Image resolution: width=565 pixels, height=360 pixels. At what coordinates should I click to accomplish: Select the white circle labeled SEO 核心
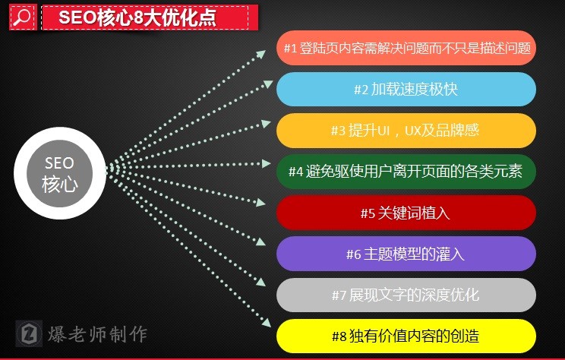(x=59, y=173)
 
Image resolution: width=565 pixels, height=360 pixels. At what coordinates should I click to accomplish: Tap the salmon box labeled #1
(x=406, y=48)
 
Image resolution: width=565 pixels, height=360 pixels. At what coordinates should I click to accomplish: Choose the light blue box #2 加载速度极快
(x=406, y=89)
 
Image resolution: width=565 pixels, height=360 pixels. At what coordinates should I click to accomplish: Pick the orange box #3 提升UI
(x=406, y=130)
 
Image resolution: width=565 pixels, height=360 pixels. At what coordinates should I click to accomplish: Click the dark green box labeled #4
(x=406, y=171)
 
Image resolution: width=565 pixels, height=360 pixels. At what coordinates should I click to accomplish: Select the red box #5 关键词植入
(x=406, y=213)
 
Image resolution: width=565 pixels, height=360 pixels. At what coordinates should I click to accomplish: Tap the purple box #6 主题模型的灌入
(x=406, y=254)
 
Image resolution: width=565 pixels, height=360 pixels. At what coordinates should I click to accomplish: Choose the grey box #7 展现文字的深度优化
(x=406, y=295)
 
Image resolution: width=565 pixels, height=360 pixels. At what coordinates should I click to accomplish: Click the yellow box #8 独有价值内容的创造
(x=406, y=335)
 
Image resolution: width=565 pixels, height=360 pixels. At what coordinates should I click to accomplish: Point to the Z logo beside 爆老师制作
(x=29, y=333)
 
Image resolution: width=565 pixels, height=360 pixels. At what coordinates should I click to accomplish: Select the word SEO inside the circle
(x=59, y=163)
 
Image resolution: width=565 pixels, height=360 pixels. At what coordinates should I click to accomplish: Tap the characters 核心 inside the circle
(x=59, y=184)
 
